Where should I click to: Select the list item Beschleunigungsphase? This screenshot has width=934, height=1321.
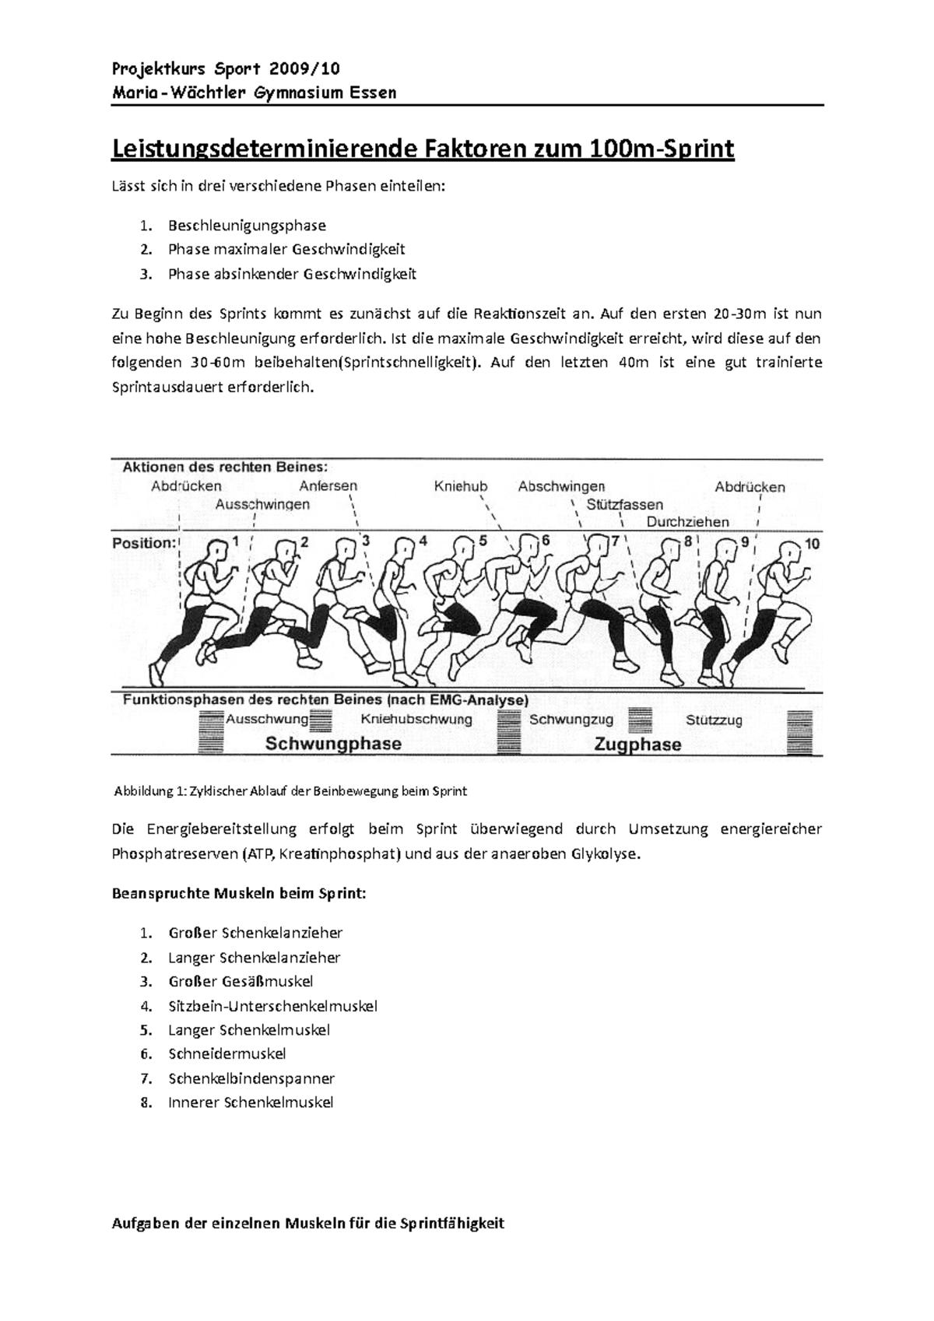pos(248,226)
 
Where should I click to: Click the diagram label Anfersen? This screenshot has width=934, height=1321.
pos(328,486)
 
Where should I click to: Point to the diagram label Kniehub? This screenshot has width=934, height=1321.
pos(461,486)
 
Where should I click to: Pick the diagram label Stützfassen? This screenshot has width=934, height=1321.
pos(624,505)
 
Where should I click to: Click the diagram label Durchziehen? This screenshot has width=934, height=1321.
pos(687,522)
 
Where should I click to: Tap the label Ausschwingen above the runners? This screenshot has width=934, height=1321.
pos(262,505)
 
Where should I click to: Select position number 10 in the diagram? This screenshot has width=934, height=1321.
pos(812,544)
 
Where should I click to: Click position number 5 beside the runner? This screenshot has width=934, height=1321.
pos(483,540)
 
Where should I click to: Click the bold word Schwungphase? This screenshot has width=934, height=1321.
pos(333,744)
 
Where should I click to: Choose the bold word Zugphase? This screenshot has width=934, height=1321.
pos(637,745)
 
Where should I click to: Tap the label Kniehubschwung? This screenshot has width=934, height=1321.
pos(416,720)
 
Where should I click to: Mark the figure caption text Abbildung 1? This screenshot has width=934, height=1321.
pos(150,791)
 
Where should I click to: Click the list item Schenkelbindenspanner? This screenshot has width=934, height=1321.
pos(251,1078)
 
